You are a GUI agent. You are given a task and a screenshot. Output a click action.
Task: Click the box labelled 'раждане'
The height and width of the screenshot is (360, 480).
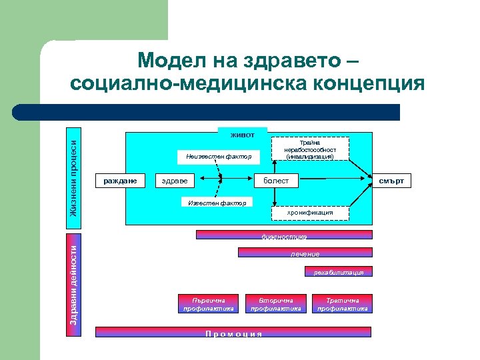(121, 181)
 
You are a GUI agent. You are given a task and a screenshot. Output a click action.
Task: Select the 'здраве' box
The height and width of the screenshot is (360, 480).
(175, 181)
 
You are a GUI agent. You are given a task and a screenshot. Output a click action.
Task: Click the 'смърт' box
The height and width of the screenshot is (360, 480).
(391, 181)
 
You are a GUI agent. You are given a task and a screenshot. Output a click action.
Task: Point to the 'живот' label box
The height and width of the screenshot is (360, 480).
(243, 135)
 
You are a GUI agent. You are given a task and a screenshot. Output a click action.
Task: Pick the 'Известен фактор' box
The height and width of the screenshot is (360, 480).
(217, 202)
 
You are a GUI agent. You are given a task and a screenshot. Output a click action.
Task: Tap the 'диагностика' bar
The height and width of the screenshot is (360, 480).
(284, 235)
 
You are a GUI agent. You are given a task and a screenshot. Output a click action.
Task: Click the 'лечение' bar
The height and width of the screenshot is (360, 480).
(305, 253)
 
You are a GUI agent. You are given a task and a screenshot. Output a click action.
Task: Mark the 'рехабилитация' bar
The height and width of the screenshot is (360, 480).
(339, 272)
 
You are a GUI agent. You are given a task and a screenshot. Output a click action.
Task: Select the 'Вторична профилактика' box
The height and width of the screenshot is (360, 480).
(276, 304)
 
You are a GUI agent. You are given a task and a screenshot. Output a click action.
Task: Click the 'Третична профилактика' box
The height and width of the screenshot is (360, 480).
(343, 304)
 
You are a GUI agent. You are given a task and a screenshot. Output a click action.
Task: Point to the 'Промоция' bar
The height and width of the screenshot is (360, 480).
(233, 332)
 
